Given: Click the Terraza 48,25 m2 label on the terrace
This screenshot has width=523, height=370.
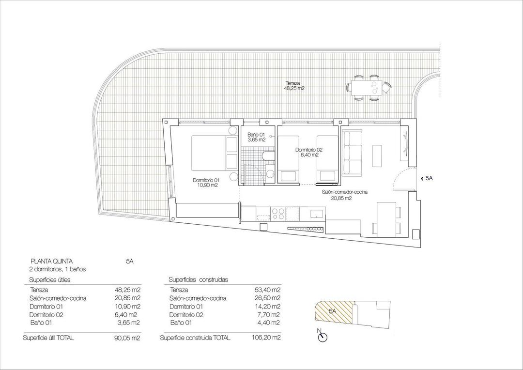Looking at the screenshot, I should coord(295,86).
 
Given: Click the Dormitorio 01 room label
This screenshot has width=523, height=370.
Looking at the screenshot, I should coord(206,183).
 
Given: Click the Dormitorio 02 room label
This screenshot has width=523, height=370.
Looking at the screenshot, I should coord(309,152).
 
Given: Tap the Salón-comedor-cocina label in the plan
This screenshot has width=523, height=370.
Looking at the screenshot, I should coord(344,195).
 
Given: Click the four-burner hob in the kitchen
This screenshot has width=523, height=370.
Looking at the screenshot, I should coord(278,213).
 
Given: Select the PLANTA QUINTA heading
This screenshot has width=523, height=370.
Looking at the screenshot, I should coord(52,261).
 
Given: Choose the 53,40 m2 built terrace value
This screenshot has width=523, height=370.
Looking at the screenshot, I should coord(268,290).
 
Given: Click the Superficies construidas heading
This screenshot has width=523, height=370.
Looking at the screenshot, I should coord(198,280).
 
